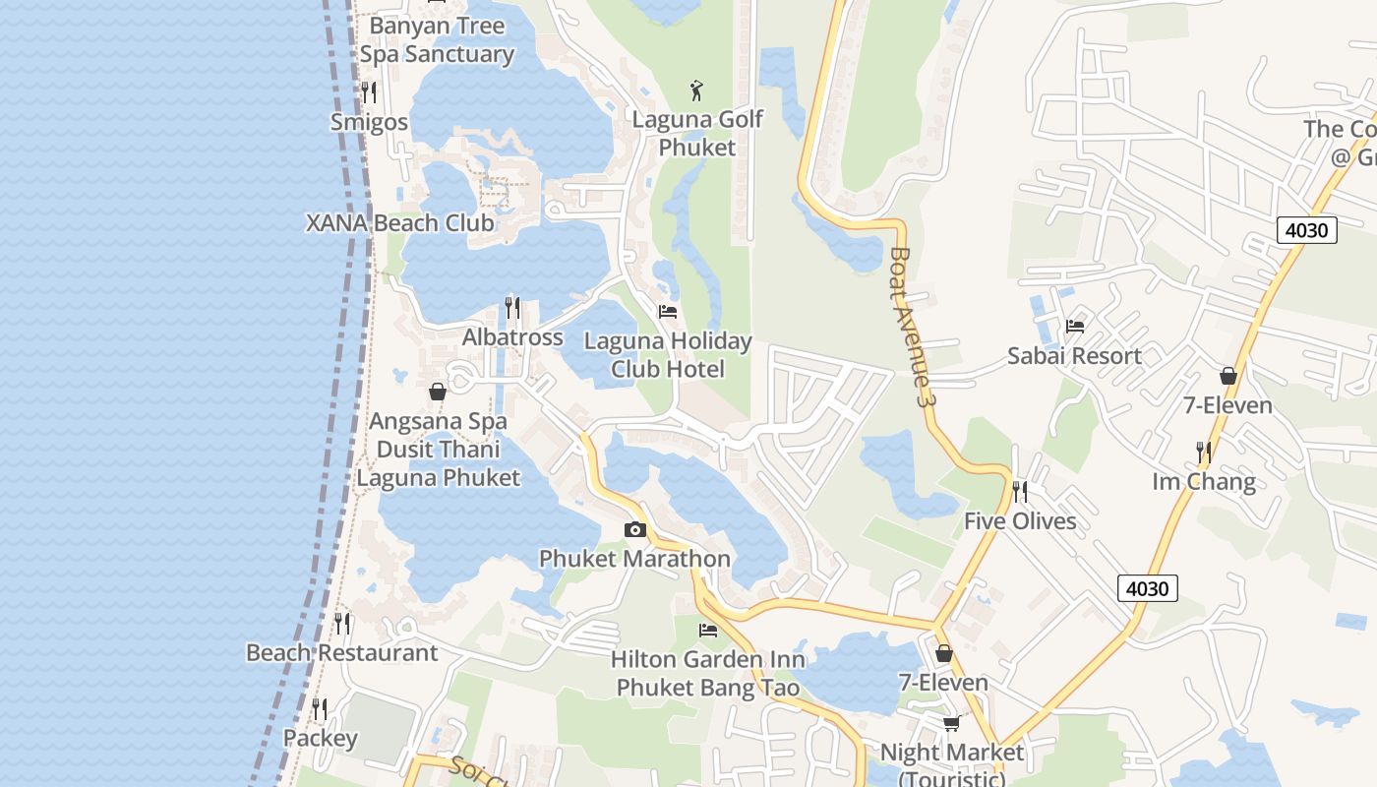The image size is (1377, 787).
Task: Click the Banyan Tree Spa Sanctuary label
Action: [x=437, y=40]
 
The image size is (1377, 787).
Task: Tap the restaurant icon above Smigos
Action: [x=369, y=92]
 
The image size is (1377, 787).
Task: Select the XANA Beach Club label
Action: [x=400, y=223]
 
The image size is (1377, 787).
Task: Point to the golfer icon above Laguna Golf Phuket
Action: [x=697, y=91]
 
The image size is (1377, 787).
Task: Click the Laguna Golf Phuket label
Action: [x=697, y=134]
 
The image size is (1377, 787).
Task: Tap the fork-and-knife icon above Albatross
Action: [x=512, y=308]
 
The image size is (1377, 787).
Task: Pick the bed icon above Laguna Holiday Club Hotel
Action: [x=668, y=312]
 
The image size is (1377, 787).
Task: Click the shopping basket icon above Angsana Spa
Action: [x=438, y=392]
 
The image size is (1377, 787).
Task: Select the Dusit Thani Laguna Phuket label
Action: [x=438, y=463]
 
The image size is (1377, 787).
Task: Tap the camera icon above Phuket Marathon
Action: [x=635, y=530]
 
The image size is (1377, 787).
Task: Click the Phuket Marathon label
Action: [x=634, y=559]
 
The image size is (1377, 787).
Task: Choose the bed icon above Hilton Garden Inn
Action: [x=708, y=630]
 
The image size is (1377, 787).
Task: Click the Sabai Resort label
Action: [x=1074, y=356]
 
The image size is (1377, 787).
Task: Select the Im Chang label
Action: [x=1204, y=482]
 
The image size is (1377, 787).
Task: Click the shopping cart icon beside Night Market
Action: [x=951, y=724]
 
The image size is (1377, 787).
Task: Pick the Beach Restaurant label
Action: [x=341, y=653]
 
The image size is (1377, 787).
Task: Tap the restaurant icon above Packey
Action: [x=320, y=708]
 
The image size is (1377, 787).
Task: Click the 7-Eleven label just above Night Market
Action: [x=943, y=683]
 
